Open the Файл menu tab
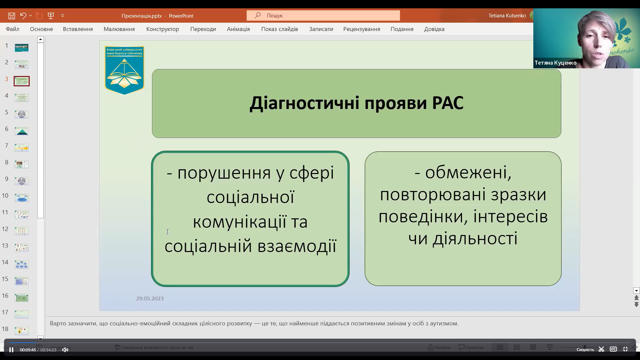pos(12,29)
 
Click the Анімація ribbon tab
pos(238,29)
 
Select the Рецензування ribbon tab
pos(361,29)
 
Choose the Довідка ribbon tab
pos(434,29)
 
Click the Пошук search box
pos(323,15)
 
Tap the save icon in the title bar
pos(12,16)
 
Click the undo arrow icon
pos(23,15)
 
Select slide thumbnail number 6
pos(22,131)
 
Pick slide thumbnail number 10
pos(22,198)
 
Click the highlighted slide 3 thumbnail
pos(22,81)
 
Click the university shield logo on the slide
pos(124,70)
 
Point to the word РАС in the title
pos(447,103)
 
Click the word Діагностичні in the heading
pos(305,103)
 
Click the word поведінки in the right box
pos(420,216)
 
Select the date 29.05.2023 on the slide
pos(150,298)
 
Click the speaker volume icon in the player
pos(65,350)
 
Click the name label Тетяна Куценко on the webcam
pos(555,63)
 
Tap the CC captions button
pos(613,349)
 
